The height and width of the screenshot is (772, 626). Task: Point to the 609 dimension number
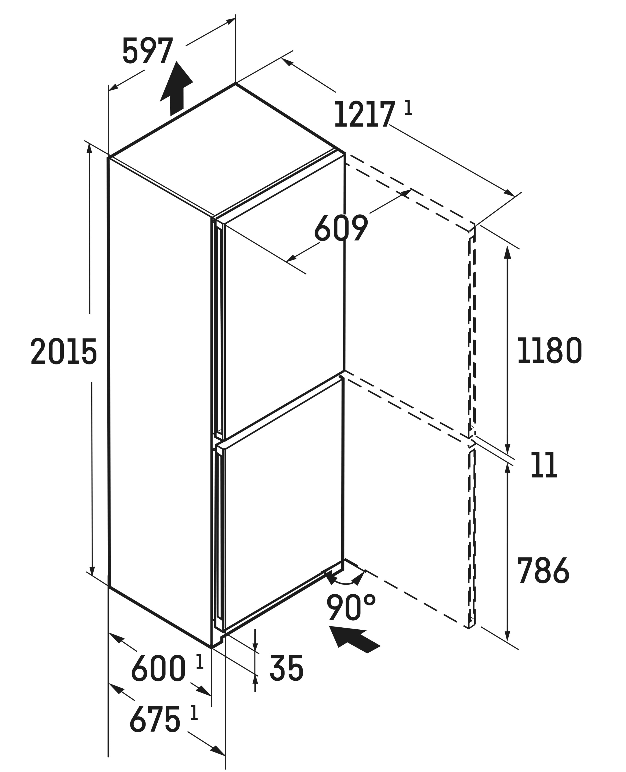click(341, 228)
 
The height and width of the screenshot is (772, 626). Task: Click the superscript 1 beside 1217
click(408, 108)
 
